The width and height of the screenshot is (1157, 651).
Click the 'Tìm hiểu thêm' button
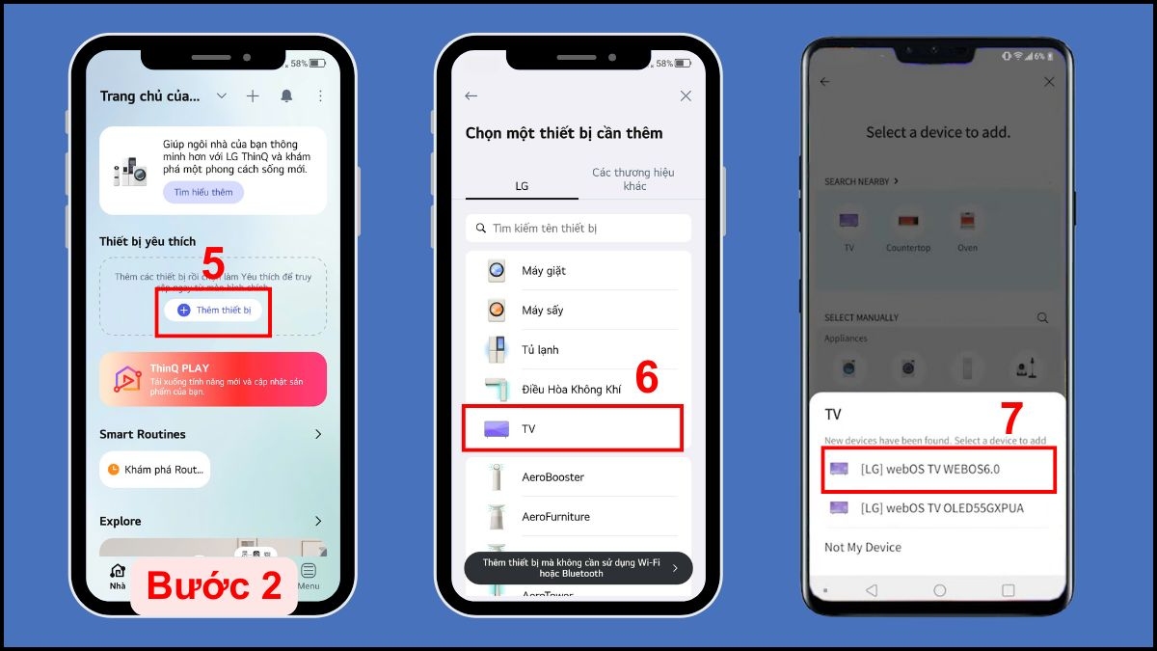pyautogui.click(x=203, y=192)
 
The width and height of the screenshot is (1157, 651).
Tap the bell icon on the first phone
pyautogui.click(x=286, y=96)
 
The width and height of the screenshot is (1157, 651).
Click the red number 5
pyautogui.click(x=213, y=265)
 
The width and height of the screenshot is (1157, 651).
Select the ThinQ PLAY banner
pyautogui.click(x=213, y=379)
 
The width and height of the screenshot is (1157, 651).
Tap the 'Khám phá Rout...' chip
pyautogui.click(x=154, y=470)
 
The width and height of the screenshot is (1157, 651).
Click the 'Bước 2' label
pyautogui.click(x=214, y=585)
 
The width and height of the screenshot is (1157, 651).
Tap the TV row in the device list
pyautogui.click(x=573, y=428)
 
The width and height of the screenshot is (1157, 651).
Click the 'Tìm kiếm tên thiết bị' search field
pyautogui.click(x=578, y=229)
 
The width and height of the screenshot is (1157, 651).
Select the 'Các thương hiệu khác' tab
pyautogui.click(x=634, y=178)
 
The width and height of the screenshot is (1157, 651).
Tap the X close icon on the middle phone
pyautogui.click(x=686, y=96)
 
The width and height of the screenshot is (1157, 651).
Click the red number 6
pyautogui.click(x=646, y=378)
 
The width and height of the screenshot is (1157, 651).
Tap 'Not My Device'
pyautogui.click(x=863, y=547)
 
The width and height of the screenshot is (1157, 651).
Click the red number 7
pyautogui.click(x=1010, y=419)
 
